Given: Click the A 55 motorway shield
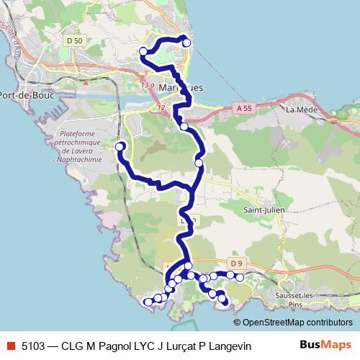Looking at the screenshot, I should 244,107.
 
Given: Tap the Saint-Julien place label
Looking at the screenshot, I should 261,210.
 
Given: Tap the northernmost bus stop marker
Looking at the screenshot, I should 186,43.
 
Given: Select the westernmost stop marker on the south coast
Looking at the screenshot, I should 148,302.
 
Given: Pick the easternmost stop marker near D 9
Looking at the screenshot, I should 240,277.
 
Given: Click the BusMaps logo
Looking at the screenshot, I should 320,345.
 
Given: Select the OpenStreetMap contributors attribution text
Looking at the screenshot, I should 297,323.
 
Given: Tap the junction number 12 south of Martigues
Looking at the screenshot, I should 160,107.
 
